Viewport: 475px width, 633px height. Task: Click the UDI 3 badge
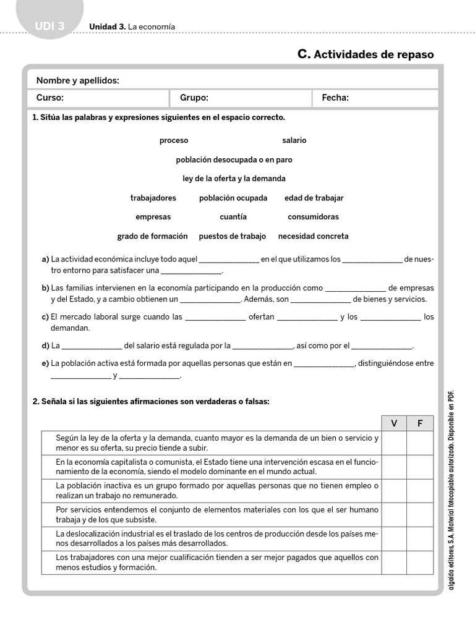coord(49,27)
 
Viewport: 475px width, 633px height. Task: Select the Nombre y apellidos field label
coord(78,80)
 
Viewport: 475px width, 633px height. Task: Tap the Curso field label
coord(50,98)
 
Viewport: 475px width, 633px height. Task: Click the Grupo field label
coord(194,98)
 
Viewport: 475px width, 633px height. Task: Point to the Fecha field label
coord(335,98)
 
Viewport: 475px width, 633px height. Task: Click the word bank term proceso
coord(174,140)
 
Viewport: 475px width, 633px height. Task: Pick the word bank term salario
coord(294,140)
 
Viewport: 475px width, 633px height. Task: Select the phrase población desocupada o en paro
coord(234,159)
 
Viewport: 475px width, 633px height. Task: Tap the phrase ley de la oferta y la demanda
coord(234,179)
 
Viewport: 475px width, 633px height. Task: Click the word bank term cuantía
coord(233,217)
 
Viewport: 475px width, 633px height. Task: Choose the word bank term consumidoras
coord(313,217)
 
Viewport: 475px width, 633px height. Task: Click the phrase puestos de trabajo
coord(232,236)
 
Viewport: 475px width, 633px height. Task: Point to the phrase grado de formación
coord(152,236)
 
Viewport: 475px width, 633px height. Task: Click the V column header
coord(394,423)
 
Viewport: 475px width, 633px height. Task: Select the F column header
coord(421,423)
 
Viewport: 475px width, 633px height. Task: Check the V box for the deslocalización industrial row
coord(394,538)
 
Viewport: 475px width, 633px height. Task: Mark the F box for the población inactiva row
coord(421,491)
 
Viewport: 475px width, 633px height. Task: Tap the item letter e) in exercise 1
coord(45,363)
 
